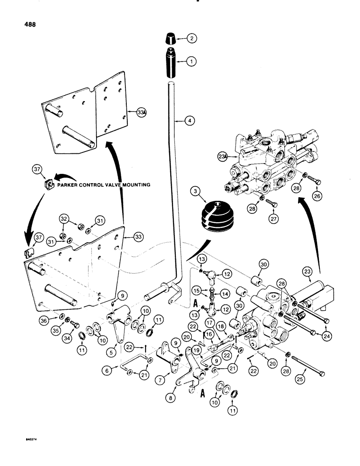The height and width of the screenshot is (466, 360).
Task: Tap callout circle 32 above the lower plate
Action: [x=64, y=218]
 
